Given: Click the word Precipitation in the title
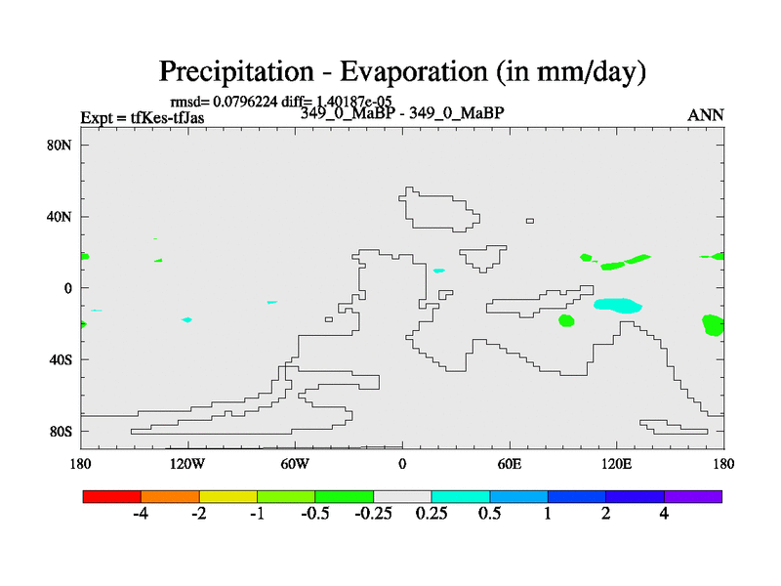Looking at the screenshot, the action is coord(236,71).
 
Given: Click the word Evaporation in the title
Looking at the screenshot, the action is coord(414,71).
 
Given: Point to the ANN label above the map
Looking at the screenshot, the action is coord(705,115).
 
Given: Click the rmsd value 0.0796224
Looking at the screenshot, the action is coord(245,102).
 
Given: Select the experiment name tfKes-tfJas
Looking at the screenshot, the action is coord(167,117).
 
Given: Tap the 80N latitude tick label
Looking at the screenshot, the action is coord(59,145).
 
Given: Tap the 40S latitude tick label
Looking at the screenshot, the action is coord(60,359).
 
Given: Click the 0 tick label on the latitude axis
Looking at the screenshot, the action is coord(67,288).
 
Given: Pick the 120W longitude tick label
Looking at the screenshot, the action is coord(187,464).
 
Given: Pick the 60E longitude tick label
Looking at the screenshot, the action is coord(509,464).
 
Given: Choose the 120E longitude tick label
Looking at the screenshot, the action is coord(616,464).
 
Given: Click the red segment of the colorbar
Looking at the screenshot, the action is coord(112,496).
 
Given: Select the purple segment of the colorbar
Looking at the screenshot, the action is coord(693,496).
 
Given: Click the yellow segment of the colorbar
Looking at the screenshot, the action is coord(228,496).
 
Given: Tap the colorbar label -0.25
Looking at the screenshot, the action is coord(373,514).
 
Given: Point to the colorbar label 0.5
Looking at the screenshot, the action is coord(490,514).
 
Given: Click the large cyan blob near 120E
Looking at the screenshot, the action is coord(618,306).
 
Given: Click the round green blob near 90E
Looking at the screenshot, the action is coord(566,320).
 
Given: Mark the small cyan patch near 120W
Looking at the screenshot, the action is coord(186,319).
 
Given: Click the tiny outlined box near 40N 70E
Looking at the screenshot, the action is coord(530,221).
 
